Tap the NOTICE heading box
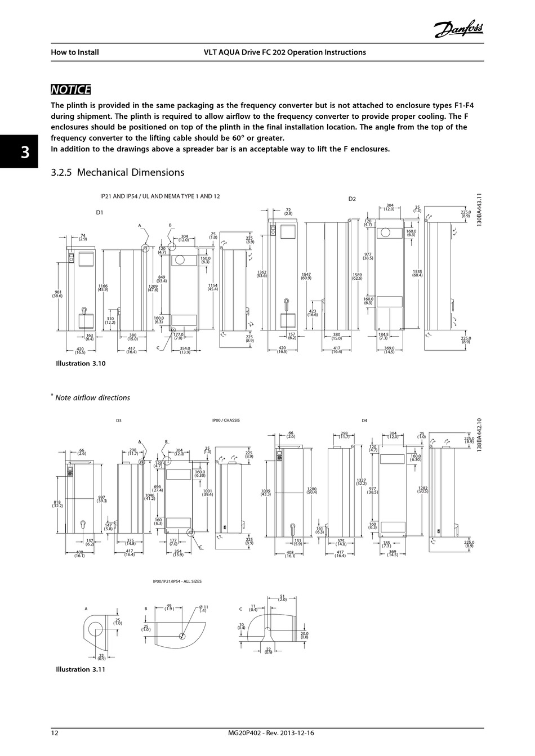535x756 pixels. click(x=70, y=90)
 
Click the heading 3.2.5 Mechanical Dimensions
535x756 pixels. click(x=117, y=172)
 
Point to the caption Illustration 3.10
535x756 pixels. click(x=81, y=364)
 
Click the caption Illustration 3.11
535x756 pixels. click(x=81, y=669)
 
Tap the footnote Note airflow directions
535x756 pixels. click(x=92, y=398)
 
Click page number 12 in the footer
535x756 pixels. click(x=55, y=733)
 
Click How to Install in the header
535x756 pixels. click(x=75, y=52)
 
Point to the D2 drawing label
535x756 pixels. click(x=352, y=199)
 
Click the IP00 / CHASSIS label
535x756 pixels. click(x=226, y=421)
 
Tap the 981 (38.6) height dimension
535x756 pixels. click(x=57, y=294)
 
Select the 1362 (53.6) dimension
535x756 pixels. click(x=262, y=274)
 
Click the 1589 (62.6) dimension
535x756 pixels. click(x=357, y=276)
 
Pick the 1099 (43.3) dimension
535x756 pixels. click(x=266, y=493)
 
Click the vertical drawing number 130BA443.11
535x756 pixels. click(x=479, y=210)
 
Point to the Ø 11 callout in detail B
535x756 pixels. click(x=204, y=609)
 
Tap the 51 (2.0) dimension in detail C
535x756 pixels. click(x=282, y=598)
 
